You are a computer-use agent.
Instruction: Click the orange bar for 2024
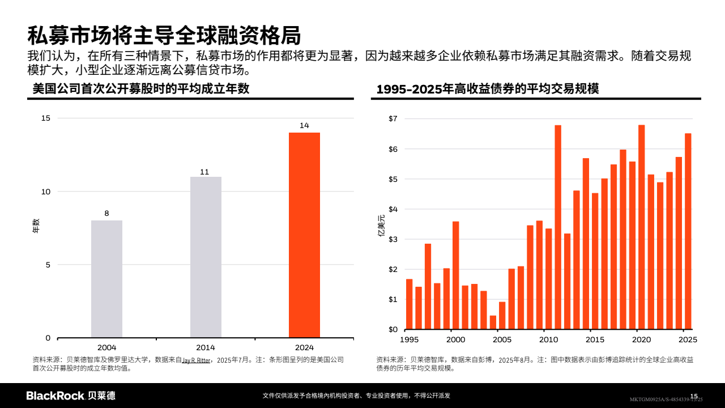(x=304, y=235)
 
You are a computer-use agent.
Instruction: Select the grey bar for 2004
(x=106, y=279)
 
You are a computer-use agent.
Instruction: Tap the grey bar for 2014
(x=206, y=257)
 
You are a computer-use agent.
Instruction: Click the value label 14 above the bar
(x=304, y=126)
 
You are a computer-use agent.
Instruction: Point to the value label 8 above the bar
(x=106, y=214)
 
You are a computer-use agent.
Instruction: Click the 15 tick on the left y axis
(x=46, y=118)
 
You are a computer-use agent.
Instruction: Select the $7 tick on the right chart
(x=393, y=119)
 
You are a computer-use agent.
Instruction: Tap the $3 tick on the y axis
(x=393, y=239)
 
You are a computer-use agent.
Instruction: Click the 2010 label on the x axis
(x=548, y=339)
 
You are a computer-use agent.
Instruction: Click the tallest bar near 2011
(x=558, y=227)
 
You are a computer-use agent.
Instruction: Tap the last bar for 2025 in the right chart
(x=688, y=231)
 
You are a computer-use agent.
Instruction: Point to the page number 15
(x=694, y=396)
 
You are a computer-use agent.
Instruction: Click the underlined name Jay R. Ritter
(x=197, y=360)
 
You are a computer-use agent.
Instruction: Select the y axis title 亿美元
(x=381, y=225)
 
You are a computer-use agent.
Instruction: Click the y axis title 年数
(x=35, y=226)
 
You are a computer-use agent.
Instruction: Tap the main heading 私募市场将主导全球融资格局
(x=164, y=35)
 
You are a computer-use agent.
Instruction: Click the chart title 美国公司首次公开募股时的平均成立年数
(x=141, y=89)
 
